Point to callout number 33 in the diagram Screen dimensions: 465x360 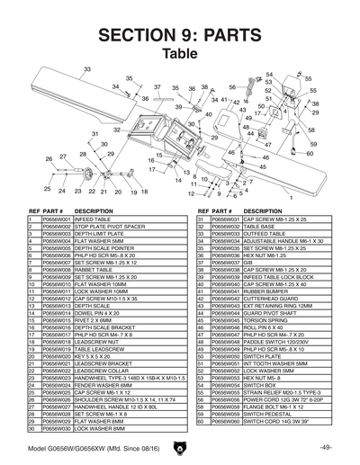[x=87, y=68]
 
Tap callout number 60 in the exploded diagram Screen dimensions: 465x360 [x=310, y=153]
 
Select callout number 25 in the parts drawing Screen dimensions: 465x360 [x=47, y=190]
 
